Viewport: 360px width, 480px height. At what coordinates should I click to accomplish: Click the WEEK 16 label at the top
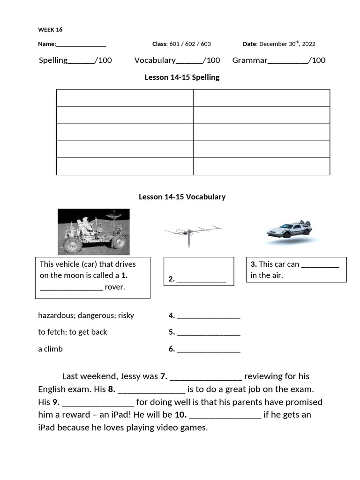click(50, 30)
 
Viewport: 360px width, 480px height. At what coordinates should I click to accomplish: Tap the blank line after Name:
click(81, 45)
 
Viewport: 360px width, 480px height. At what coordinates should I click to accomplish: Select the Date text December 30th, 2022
click(287, 44)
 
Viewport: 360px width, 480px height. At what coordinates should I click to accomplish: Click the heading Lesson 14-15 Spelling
click(182, 77)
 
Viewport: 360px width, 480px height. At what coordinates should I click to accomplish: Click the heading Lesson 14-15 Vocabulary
click(182, 197)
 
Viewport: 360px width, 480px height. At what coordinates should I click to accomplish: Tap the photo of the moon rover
click(93, 232)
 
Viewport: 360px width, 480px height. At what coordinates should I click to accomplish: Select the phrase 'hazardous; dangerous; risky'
click(86, 315)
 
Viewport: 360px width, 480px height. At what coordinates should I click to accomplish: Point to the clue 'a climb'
click(50, 349)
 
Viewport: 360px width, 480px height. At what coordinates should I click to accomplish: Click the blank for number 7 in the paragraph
click(206, 377)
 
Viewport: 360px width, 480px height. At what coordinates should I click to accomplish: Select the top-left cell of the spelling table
click(125, 98)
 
